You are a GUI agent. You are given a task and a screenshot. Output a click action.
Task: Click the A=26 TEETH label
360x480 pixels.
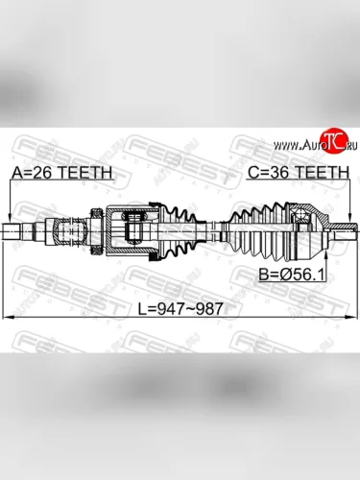coord(61,173)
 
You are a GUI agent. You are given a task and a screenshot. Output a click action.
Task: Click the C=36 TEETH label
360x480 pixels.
coord(299,173)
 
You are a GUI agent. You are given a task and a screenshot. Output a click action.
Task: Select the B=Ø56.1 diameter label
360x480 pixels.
coord(292,275)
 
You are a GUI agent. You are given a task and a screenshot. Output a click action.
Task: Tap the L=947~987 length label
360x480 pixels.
coord(180,309)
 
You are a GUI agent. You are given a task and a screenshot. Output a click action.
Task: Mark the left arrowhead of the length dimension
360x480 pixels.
coord(8,318)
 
